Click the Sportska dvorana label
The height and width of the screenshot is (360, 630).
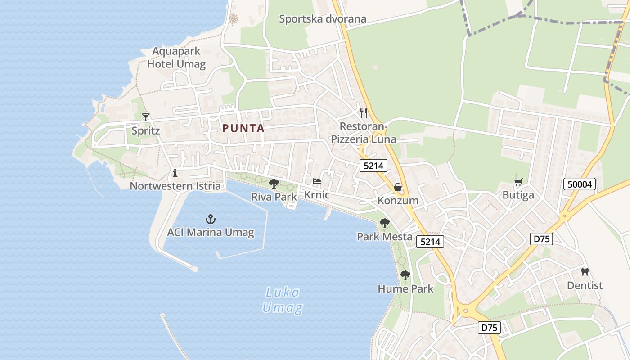(x=323, y=19)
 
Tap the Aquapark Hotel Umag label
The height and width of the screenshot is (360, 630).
(x=176, y=58)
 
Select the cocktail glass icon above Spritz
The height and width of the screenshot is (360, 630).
(x=146, y=117)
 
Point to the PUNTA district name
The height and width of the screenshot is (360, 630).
(x=243, y=128)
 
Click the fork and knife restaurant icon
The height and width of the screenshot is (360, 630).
(x=364, y=113)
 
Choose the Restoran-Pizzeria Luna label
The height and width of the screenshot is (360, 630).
(x=364, y=133)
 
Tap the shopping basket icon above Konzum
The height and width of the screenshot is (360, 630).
(x=398, y=187)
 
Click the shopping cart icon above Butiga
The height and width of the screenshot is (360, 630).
(x=518, y=182)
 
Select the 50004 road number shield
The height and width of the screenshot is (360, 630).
(x=580, y=184)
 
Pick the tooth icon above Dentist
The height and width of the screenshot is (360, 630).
(x=585, y=272)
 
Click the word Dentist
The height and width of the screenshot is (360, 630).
(x=585, y=286)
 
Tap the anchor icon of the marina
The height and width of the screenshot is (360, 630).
(x=211, y=219)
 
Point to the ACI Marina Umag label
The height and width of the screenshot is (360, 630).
(x=211, y=233)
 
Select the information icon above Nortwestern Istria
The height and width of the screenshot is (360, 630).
(x=175, y=173)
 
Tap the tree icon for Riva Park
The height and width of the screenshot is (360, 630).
(x=274, y=183)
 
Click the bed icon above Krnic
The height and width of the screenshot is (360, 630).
(x=317, y=182)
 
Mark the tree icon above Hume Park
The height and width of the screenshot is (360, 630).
(x=405, y=275)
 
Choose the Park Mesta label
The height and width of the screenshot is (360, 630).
(x=385, y=237)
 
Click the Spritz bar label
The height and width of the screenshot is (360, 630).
(x=146, y=131)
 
